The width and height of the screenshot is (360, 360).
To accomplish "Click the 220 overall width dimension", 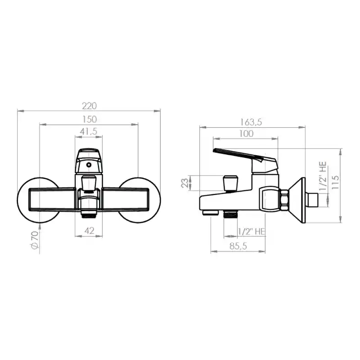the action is coord(89,106).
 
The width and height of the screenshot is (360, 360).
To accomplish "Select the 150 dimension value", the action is coord(89,119).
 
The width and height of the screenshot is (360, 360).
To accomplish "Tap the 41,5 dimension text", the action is coord(89,131).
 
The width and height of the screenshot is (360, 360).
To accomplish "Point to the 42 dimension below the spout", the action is coord(89,230).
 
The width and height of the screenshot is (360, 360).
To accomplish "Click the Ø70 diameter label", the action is coord(35,240).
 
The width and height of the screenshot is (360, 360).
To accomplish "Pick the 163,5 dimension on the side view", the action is coord(251,122).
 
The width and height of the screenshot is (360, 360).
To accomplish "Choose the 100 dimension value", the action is coord(246,134).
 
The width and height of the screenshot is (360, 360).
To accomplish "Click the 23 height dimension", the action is coord(185,183).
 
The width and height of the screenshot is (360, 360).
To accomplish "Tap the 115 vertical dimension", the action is coord(335,182).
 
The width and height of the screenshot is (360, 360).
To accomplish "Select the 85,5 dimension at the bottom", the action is coord(238,246).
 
